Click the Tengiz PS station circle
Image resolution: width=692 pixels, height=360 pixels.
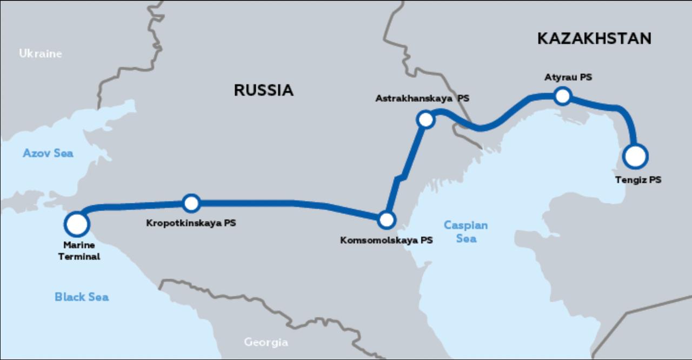tap(635, 156)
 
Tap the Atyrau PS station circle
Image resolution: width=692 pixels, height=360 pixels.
tap(563, 96)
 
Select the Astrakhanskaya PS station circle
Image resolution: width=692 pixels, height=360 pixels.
tap(426, 119)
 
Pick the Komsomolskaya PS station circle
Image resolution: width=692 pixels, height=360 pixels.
tap(387, 219)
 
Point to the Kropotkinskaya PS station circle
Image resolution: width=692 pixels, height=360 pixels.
tap(191, 203)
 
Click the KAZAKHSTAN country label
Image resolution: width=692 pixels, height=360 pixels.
tap(594, 38)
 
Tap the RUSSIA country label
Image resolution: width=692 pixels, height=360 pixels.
tap(263, 90)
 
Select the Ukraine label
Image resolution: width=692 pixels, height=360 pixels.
tap(41, 54)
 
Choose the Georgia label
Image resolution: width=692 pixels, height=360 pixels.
tap(265, 342)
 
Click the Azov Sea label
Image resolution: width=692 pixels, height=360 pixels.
tap(48, 154)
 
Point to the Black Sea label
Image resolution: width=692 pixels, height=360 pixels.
tap(82, 297)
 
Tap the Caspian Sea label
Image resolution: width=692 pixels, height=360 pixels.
tap(465, 231)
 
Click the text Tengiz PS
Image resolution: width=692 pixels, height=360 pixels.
tap(638, 180)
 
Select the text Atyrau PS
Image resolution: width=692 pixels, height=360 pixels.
tap(568, 77)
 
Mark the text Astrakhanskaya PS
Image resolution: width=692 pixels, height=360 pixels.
tap(422, 99)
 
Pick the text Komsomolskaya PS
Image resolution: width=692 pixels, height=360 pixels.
tap(386, 241)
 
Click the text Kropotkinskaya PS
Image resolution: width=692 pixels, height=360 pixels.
tap(191, 223)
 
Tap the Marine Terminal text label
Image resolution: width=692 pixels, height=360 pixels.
tap(79, 251)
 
